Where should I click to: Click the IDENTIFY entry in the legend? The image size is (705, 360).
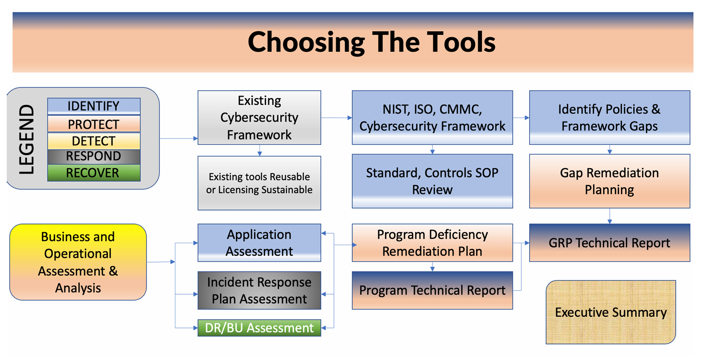pyautogui.click(x=94, y=106)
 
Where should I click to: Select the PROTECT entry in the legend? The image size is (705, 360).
pyautogui.click(x=94, y=124)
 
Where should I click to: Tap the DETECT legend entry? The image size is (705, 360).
pyautogui.click(x=94, y=141)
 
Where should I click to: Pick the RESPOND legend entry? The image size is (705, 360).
pyautogui.click(x=94, y=156)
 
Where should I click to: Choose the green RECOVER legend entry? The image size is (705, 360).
pyautogui.click(x=94, y=173)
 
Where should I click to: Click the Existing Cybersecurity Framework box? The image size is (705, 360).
pyautogui.click(x=260, y=118)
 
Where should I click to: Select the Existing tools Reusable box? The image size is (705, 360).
pyautogui.click(x=260, y=183)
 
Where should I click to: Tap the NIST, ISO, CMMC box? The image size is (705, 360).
pyautogui.click(x=433, y=118)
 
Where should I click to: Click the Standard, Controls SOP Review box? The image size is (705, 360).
pyautogui.click(x=433, y=181)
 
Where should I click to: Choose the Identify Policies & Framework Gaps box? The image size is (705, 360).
pyautogui.click(x=610, y=118)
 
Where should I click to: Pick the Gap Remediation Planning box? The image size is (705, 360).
pyautogui.click(x=610, y=181)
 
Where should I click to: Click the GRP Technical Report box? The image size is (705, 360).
pyautogui.click(x=610, y=243)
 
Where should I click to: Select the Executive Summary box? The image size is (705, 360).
pyautogui.click(x=611, y=312)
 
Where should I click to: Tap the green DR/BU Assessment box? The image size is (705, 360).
pyautogui.click(x=260, y=328)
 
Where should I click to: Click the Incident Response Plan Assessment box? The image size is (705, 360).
pyautogui.click(x=260, y=290)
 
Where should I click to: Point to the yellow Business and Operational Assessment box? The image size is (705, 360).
pyautogui.click(x=78, y=262)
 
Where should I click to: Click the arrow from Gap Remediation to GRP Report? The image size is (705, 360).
pyautogui.click(x=610, y=216)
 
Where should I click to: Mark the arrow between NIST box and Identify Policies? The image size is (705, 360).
pyautogui.click(x=521, y=118)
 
